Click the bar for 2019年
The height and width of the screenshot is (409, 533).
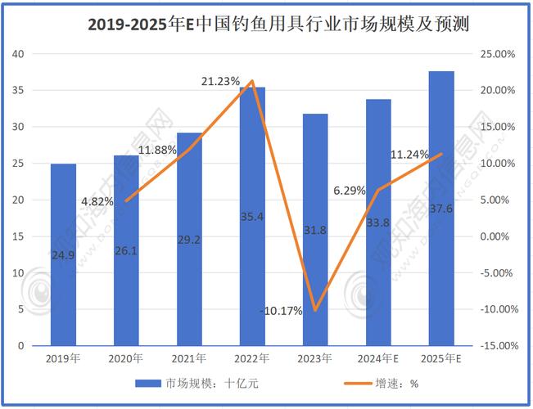click(x=63, y=254)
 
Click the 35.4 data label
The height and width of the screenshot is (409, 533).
click(x=252, y=217)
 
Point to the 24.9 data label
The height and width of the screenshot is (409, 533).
click(x=63, y=255)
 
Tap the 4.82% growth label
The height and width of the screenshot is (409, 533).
click(x=97, y=201)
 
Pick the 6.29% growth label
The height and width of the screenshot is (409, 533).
click(x=350, y=191)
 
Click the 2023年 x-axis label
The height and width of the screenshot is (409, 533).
click(x=315, y=358)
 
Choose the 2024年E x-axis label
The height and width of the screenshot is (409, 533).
click(x=378, y=358)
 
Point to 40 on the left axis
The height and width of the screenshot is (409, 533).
click(x=19, y=54)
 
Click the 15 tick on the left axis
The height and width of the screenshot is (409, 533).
click(x=19, y=236)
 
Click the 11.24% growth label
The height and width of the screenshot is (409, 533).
click(x=409, y=155)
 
